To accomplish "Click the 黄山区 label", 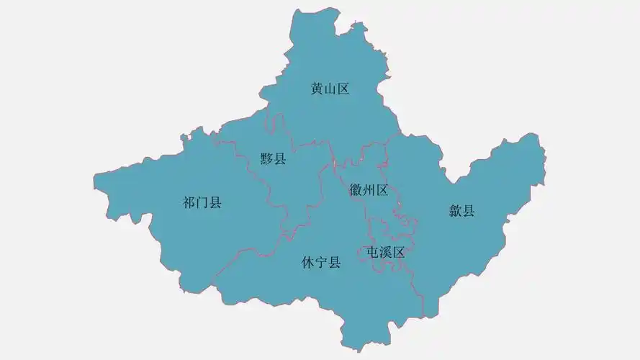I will click(330, 89).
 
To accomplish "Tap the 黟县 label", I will click(274, 159).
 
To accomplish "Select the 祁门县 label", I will click(202, 202).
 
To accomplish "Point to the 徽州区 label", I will click(369, 190).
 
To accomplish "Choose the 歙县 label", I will click(462, 211).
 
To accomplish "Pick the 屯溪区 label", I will click(385, 253).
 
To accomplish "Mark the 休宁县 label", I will click(320, 263).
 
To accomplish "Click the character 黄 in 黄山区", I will click(317, 89).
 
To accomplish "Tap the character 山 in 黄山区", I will click(330, 89).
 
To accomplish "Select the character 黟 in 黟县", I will click(267, 159).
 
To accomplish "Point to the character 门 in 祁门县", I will click(202, 202).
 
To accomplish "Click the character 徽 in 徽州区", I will click(356, 190).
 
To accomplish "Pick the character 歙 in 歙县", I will click(456, 211).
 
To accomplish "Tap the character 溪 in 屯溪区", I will click(385, 253).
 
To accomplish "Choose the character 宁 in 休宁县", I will click(320, 263).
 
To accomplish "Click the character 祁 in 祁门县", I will click(189, 202).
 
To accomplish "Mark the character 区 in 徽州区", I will click(382, 190).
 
